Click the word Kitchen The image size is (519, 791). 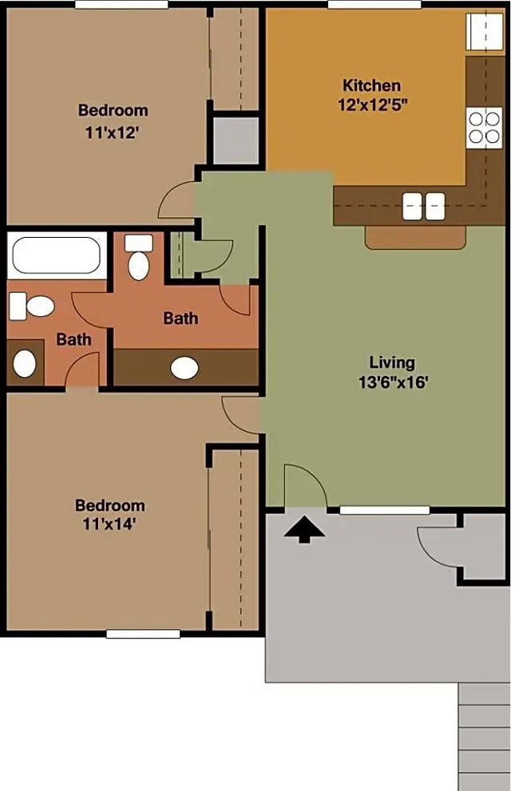point(371,85)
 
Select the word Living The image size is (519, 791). point(393,362)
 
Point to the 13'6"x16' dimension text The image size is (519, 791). point(394,382)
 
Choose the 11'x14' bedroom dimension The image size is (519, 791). point(110,524)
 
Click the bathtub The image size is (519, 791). point(57,255)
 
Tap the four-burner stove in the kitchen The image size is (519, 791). point(485,127)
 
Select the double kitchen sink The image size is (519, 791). point(423,206)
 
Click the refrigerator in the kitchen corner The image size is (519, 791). point(485,31)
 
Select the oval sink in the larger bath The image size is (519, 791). point(185,368)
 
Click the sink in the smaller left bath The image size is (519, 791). point(25,364)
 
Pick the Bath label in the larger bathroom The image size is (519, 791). point(180,318)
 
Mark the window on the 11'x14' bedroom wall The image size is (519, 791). point(143,634)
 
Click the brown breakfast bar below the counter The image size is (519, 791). point(415,236)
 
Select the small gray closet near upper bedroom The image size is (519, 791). point(235,140)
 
